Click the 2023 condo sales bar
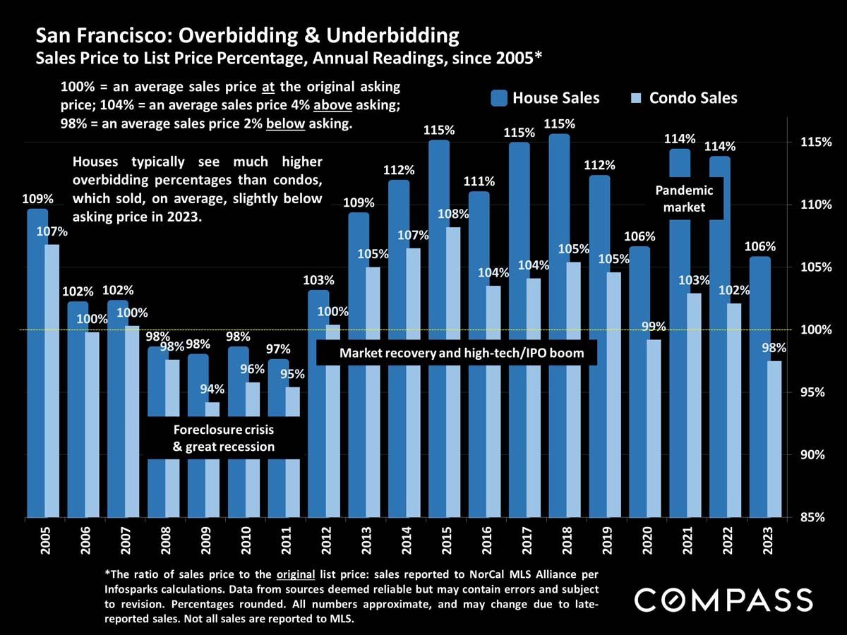[774, 437]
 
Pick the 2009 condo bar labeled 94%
[212, 409]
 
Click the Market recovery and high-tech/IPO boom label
[462, 353]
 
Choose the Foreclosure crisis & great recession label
[224, 438]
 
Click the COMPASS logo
[723, 600]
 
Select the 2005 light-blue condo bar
[51, 381]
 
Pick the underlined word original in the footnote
[295, 569]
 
